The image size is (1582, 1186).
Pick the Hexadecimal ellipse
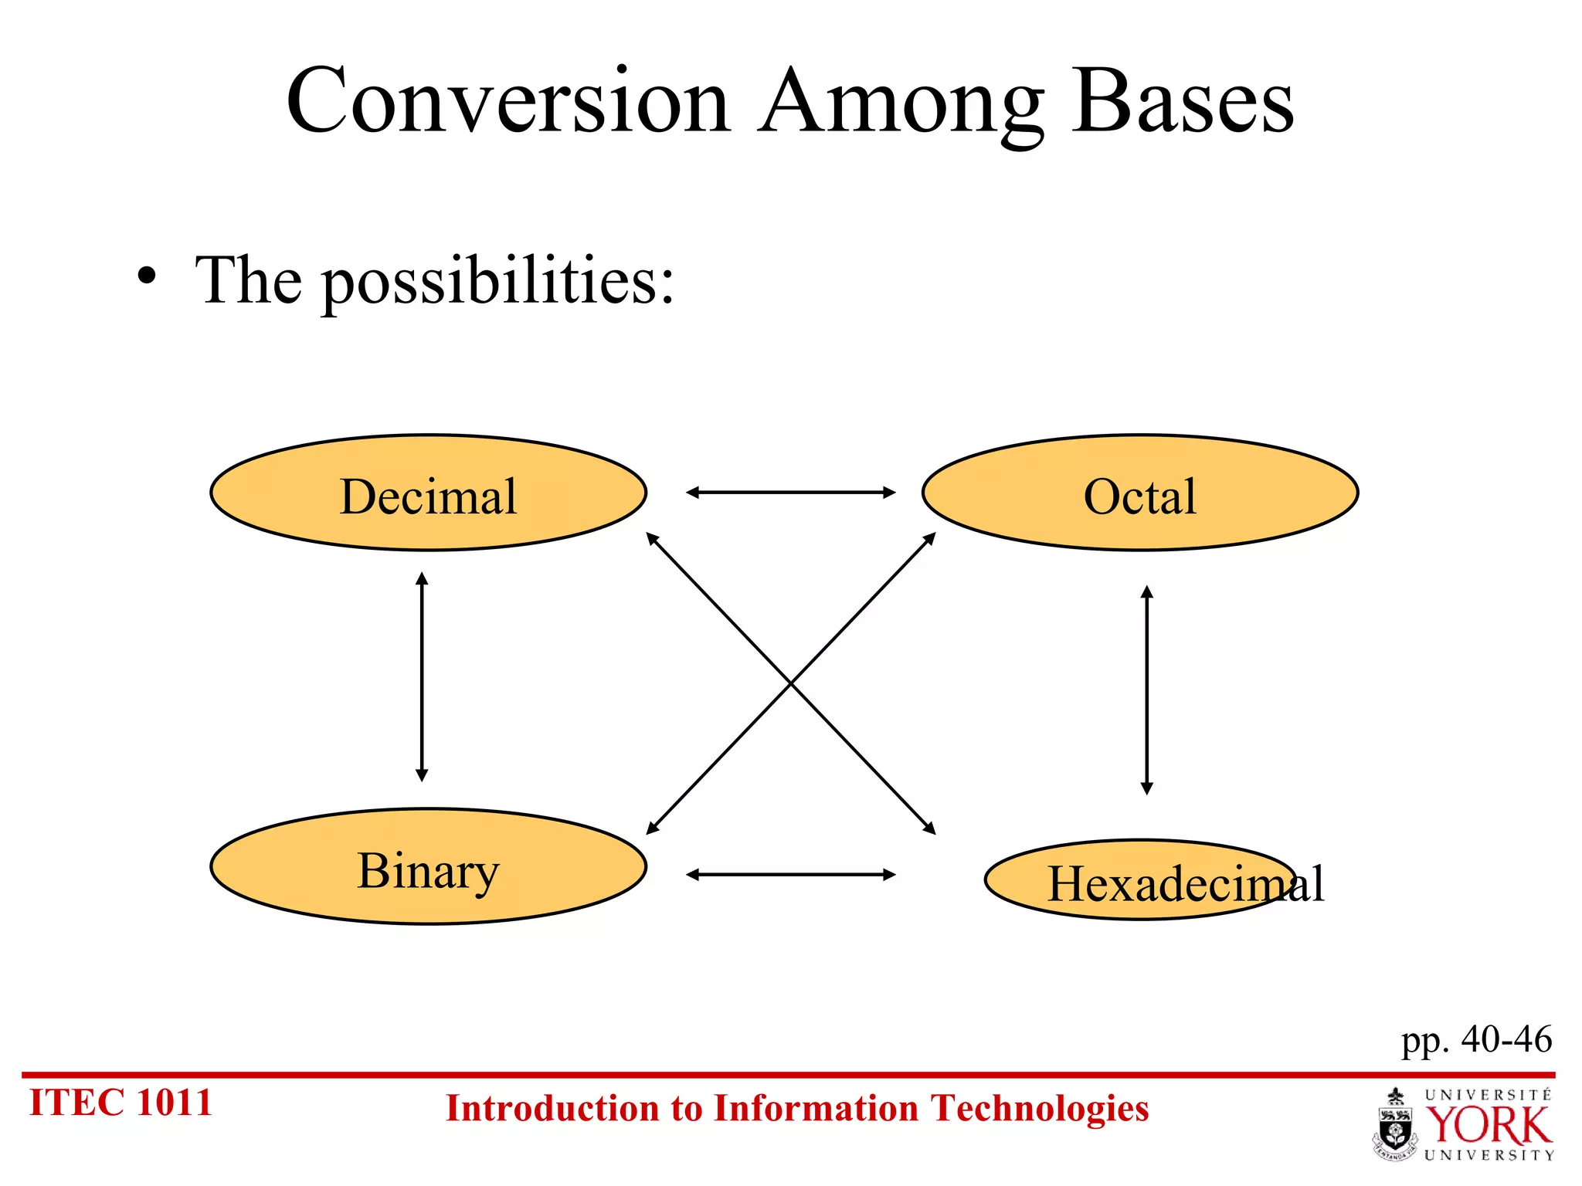(x=1139, y=880)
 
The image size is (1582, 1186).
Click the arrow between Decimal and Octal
(x=790, y=492)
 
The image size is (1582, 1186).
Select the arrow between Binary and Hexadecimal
(x=790, y=874)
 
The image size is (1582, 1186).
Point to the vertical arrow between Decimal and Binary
(x=422, y=676)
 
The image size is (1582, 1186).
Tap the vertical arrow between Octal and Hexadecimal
(x=1146, y=690)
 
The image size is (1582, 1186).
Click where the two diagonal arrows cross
(x=791, y=683)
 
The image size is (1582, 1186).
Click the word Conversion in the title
(x=508, y=102)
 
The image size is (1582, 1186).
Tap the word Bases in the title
(x=1182, y=102)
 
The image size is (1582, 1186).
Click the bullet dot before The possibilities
(x=147, y=276)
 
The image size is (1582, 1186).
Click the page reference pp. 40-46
(x=1476, y=1039)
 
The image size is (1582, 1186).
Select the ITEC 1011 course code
(x=121, y=1103)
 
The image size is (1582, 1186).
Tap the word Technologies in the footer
(x=1039, y=1109)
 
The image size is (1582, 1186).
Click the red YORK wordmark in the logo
(x=1488, y=1126)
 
